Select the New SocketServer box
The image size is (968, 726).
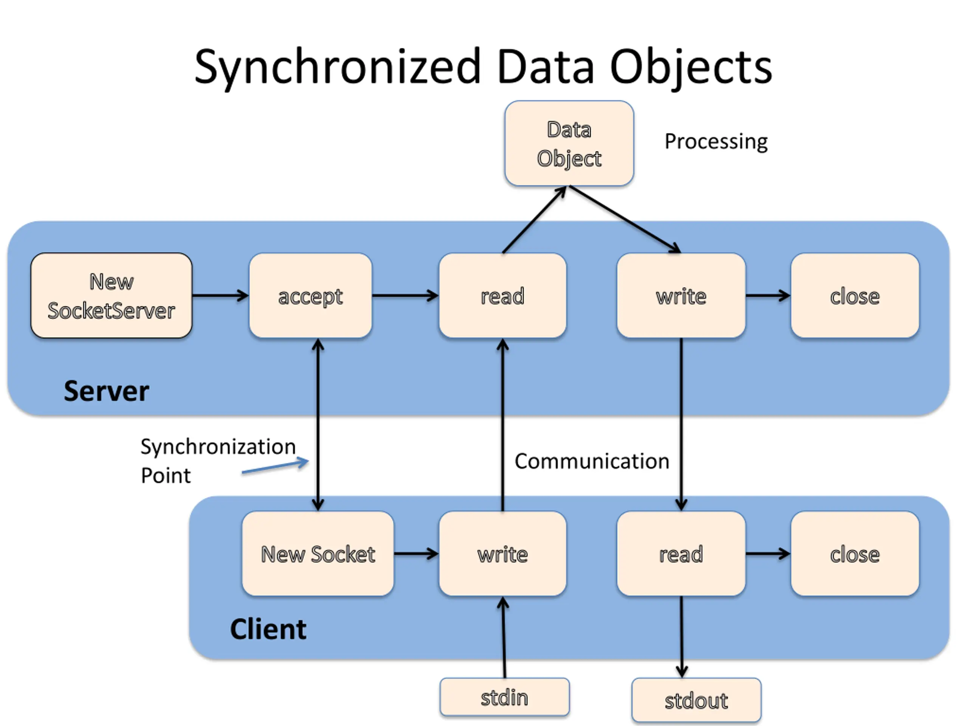tap(111, 295)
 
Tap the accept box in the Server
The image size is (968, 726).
tap(311, 295)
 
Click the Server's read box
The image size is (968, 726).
tap(503, 295)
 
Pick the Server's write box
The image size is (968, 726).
tap(681, 295)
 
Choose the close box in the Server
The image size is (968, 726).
tap(855, 295)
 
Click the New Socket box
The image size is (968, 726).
tap(318, 554)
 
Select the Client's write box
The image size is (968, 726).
tap(503, 554)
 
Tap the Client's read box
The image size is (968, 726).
tap(681, 554)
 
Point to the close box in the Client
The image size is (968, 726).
tap(855, 554)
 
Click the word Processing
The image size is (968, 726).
tap(716, 142)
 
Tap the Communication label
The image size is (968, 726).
tap(592, 461)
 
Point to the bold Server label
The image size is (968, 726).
tap(106, 391)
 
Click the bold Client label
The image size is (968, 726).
tap(268, 629)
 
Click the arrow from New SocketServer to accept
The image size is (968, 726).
tap(220, 295)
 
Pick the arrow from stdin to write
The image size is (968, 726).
tap(504, 638)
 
